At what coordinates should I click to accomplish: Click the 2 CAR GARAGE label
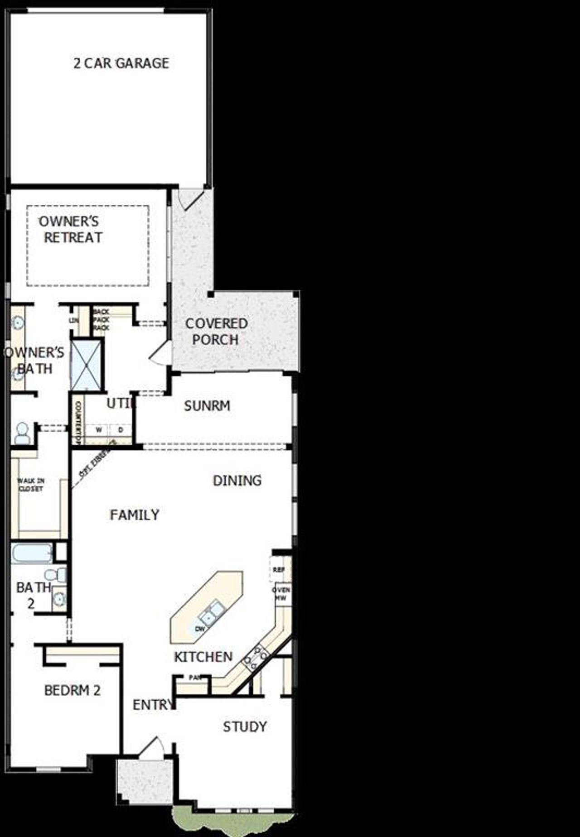[x=121, y=63]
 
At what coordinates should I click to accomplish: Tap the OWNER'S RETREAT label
[x=71, y=230]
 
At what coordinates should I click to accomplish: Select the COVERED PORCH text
[x=216, y=332]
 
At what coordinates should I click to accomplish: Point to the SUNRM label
[x=207, y=406]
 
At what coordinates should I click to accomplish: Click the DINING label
[x=237, y=480]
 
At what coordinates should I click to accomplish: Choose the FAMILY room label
[x=135, y=515]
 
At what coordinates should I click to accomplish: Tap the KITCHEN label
[x=203, y=657]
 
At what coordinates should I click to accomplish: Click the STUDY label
[x=245, y=727]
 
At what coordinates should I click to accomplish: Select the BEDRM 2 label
[x=72, y=690]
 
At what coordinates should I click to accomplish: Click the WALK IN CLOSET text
[x=31, y=485]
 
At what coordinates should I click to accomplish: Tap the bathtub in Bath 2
[x=32, y=553]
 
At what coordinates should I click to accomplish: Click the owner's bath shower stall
[x=86, y=365]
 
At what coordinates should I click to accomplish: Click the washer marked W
[x=98, y=430]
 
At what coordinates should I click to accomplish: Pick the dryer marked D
[x=121, y=430]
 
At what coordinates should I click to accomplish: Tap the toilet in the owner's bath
[x=22, y=433]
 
